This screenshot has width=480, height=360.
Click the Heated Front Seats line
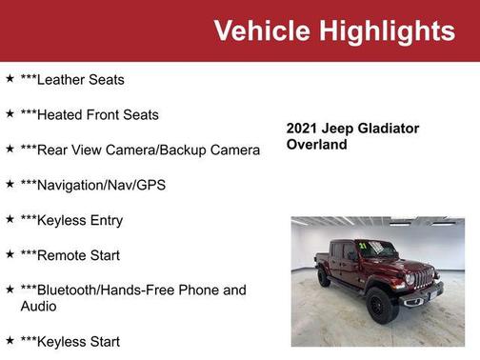point(90,115)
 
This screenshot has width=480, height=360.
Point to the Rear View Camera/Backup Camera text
point(140,150)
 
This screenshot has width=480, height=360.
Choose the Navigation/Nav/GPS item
point(93,185)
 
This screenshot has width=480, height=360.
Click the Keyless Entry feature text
point(71,220)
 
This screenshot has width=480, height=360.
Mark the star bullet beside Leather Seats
point(10,79)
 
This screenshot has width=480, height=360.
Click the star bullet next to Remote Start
point(10,254)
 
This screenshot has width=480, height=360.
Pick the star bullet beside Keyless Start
point(10,340)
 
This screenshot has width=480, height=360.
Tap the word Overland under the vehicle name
point(317,145)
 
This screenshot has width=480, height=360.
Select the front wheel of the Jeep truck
point(382,304)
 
